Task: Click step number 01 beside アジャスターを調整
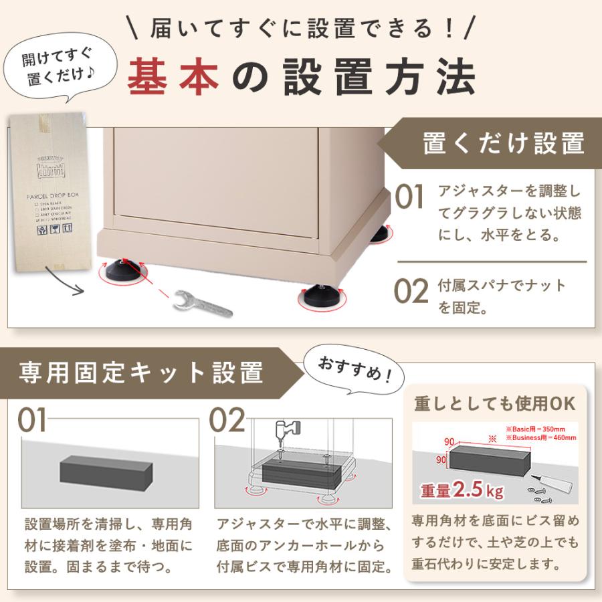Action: pos(409,198)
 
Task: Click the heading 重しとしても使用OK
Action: pos(494,404)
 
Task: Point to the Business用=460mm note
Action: pos(541,437)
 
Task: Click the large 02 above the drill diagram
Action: pos(228,421)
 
